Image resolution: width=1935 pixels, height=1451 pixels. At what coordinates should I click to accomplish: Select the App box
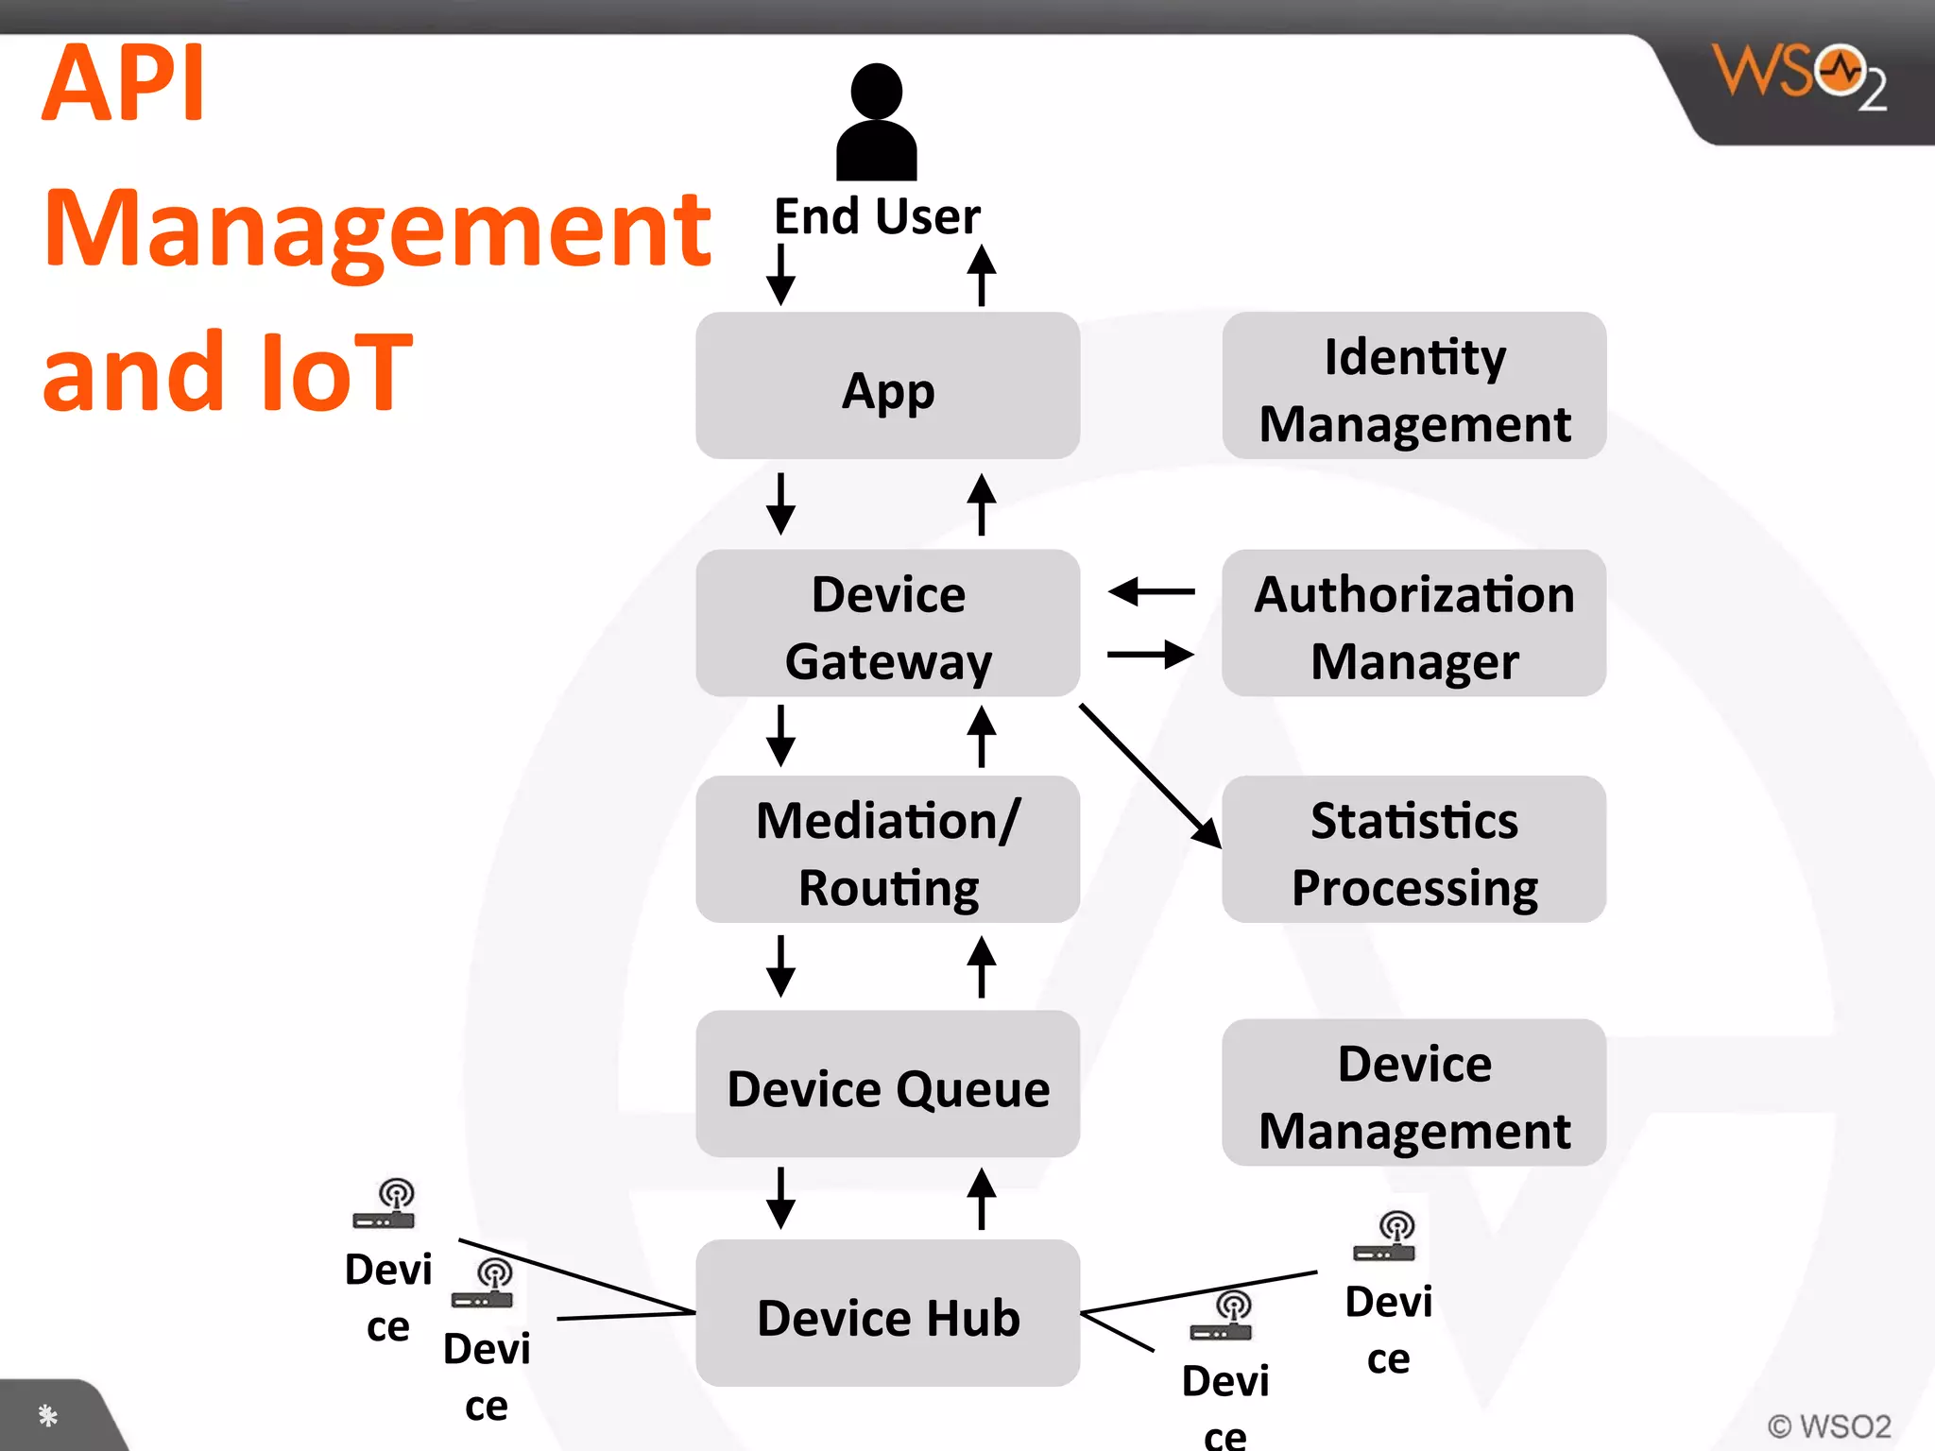pyautogui.click(x=887, y=386)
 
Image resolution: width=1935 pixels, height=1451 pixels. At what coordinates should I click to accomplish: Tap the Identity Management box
pyautogui.click(x=1413, y=386)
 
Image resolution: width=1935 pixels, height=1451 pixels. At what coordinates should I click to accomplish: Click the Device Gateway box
pyautogui.click(x=887, y=623)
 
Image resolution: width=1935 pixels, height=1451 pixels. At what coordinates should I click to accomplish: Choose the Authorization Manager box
pyautogui.click(x=1413, y=623)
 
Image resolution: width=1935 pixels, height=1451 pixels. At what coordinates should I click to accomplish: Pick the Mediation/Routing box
pyautogui.click(x=887, y=850)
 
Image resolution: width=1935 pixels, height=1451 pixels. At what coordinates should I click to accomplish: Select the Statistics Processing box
pyautogui.click(x=1413, y=850)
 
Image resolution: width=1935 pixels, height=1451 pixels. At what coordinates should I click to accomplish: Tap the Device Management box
pyautogui.click(x=1413, y=1093)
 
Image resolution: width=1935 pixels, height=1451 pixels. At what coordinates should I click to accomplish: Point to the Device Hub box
pyautogui.click(x=887, y=1314)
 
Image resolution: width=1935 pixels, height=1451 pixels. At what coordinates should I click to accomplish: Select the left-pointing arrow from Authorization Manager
pyautogui.click(x=1151, y=592)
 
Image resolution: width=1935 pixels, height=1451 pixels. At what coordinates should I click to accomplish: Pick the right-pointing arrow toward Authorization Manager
pyautogui.click(x=1151, y=654)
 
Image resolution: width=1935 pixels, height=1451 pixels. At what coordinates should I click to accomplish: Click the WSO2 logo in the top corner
pyautogui.click(x=1799, y=76)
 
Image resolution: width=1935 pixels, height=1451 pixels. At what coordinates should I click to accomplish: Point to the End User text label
pyautogui.click(x=877, y=216)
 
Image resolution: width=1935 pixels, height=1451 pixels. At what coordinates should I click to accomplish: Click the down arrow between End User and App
pyautogui.click(x=780, y=274)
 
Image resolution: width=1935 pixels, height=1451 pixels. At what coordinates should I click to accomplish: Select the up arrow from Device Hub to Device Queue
pyautogui.click(x=982, y=1199)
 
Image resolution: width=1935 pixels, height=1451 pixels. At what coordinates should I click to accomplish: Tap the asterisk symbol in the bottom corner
pyautogui.click(x=48, y=1415)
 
